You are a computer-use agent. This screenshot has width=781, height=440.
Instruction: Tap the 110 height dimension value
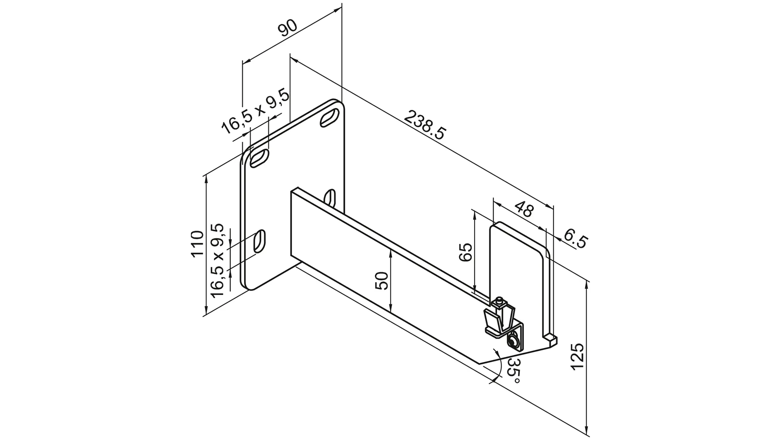click(x=197, y=244)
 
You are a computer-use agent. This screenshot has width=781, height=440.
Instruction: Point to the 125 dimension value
click(x=578, y=356)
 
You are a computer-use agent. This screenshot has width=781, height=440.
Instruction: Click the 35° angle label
click(x=513, y=371)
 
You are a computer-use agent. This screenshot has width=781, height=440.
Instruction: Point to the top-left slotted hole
click(x=259, y=158)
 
